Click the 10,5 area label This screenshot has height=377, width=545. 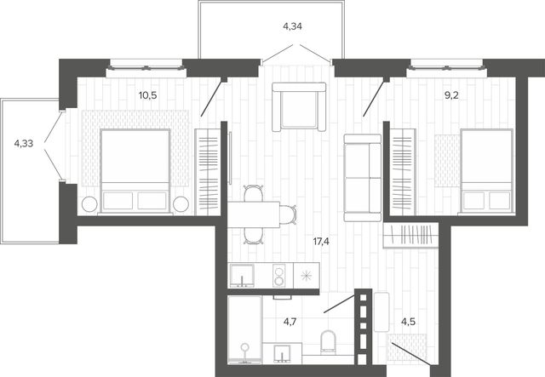click(147, 95)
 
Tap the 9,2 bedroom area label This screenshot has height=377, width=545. click(451, 95)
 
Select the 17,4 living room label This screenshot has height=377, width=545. click(321, 242)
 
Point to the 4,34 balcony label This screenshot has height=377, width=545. click(292, 26)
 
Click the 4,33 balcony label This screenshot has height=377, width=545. click(24, 143)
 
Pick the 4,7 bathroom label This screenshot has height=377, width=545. click(290, 322)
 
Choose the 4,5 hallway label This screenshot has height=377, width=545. click(408, 322)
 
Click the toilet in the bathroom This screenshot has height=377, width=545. click(328, 341)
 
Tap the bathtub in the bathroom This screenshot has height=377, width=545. click(244, 329)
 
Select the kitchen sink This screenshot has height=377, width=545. click(242, 276)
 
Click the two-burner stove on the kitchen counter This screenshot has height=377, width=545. click(278, 276)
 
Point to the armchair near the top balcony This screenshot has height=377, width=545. click(299, 106)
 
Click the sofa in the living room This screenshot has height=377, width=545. click(363, 178)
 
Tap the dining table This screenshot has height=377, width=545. click(254, 214)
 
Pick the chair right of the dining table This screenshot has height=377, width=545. click(288, 214)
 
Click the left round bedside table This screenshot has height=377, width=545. click(89, 204)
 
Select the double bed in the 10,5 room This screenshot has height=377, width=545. click(135, 171)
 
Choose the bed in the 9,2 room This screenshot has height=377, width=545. click(486, 171)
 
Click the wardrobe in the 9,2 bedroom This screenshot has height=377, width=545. click(403, 172)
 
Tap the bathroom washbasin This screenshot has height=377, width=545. click(282, 353)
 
